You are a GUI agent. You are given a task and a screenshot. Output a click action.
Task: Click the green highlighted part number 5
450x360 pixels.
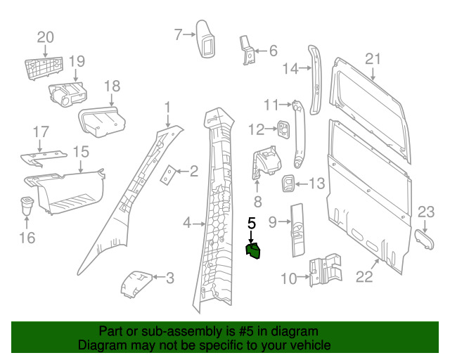coord(252,250)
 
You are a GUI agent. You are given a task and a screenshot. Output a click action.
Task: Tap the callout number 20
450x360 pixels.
coord(45,37)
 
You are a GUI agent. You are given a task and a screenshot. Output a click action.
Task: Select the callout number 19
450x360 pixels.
coord(76,60)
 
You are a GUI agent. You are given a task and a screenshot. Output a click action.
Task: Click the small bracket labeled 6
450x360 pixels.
coord(248,51)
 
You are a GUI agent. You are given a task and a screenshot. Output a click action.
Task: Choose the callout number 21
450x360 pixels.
coord(373,58)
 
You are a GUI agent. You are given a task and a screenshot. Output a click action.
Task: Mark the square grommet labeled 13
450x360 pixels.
coord(290,184)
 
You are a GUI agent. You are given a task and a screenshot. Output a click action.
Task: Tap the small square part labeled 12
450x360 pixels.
coord(283,129)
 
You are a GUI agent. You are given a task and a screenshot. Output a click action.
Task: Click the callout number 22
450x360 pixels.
coord(364,277)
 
